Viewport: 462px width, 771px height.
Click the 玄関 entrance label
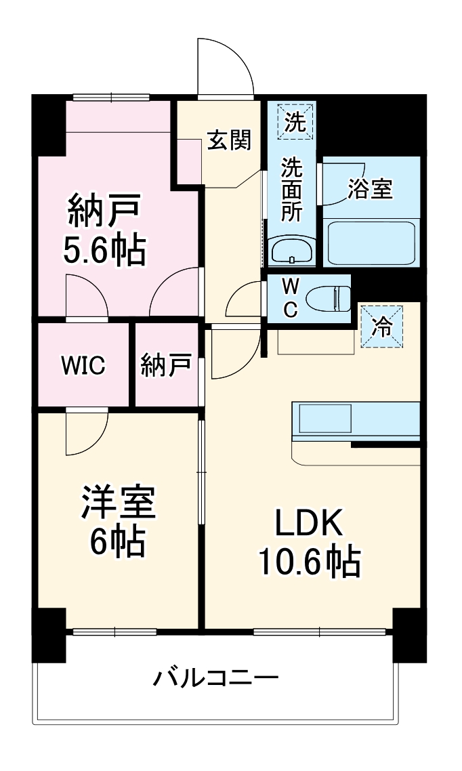coord(229,140)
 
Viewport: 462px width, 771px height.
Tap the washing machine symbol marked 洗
coord(295,122)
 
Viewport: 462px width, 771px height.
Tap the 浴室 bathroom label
coord(370,189)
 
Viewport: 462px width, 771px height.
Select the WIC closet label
coord(83,366)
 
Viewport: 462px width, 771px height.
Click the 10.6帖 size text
coord(308,561)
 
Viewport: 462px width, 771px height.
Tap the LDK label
coord(310,524)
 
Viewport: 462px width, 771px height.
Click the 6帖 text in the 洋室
coord(118,541)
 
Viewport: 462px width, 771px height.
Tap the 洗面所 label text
coord(292,189)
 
